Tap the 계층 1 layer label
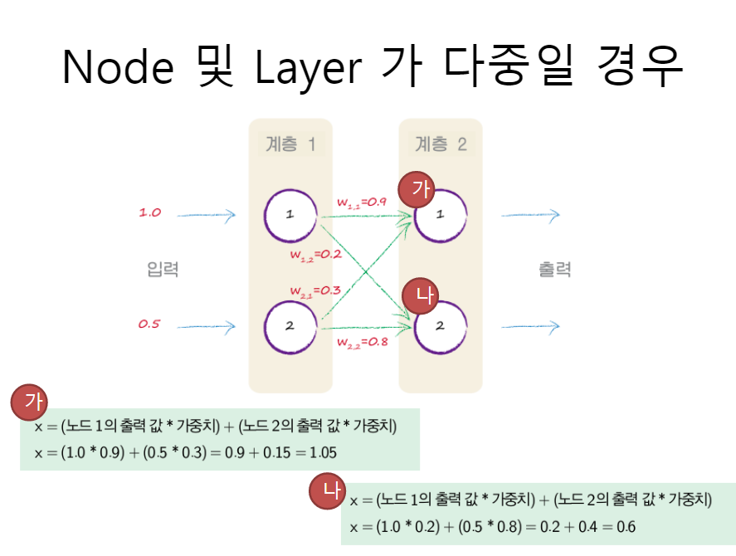[x=290, y=144]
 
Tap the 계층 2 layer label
[x=441, y=144]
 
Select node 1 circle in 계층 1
[x=290, y=215]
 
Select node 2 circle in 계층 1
[x=290, y=326]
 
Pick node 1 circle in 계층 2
[x=441, y=215]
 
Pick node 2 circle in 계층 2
[x=441, y=326]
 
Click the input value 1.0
[x=149, y=213]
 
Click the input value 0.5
[x=149, y=324]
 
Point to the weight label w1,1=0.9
[x=363, y=202]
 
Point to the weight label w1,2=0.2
[x=316, y=254]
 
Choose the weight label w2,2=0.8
[x=363, y=341]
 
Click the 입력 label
[x=163, y=269]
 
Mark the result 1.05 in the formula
[x=322, y=452]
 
